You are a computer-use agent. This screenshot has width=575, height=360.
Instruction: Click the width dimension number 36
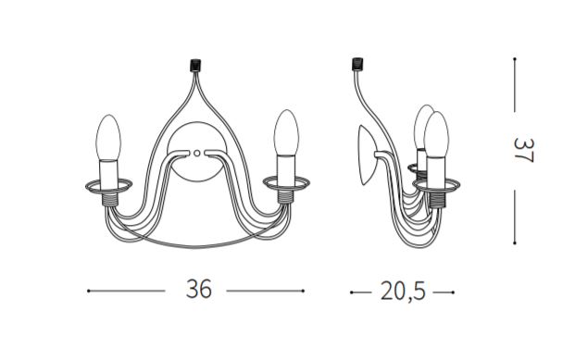pyautogui.click(x=199, y=290)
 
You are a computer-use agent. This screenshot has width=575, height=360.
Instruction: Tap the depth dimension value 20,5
pyautogui.click(x=403, y=292)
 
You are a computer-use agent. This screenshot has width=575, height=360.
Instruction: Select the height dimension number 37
pyautogui.click(x=524, y=150)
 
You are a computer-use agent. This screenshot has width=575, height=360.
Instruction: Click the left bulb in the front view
pyautogui.click(x=108, y=138)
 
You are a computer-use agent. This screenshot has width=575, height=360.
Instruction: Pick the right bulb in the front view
pyautogui.click(x=286, y=132)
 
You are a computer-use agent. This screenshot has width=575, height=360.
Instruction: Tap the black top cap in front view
pyautogui.click(x=195, y=66)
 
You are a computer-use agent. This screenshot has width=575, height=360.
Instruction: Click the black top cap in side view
pyautogui.click(x=357, y=64)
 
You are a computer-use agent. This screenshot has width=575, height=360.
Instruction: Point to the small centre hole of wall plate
pyautogui.click(x=197, y=153)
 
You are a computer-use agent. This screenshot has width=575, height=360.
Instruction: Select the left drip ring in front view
pyautogui.click(x=109, y=186)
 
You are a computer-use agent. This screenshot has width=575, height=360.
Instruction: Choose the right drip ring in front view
pyautogui.click(x=286, y=183)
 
